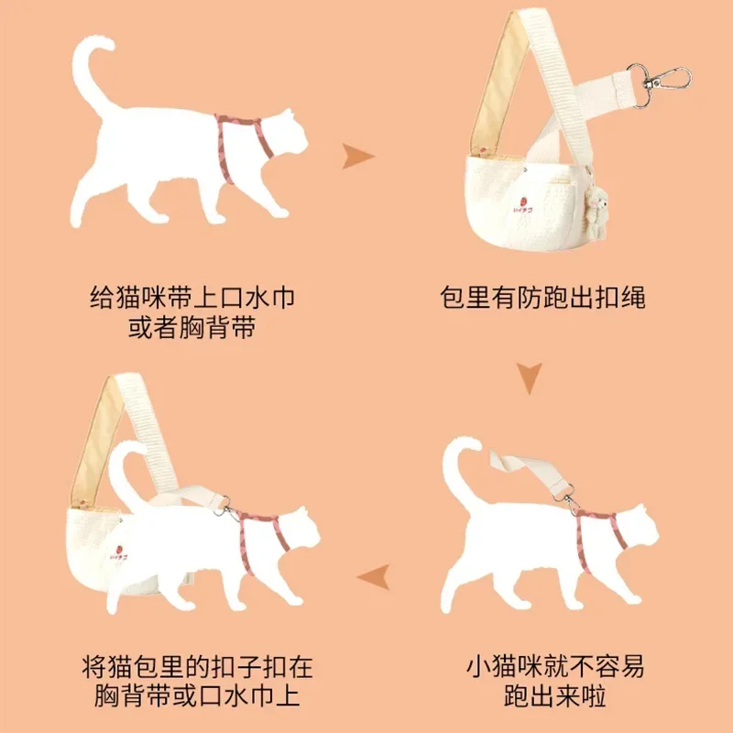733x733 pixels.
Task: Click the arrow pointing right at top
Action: click(358, 157)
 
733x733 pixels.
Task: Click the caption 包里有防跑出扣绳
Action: click(542, 299)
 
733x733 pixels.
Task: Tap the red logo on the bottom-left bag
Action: click(118, 552)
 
